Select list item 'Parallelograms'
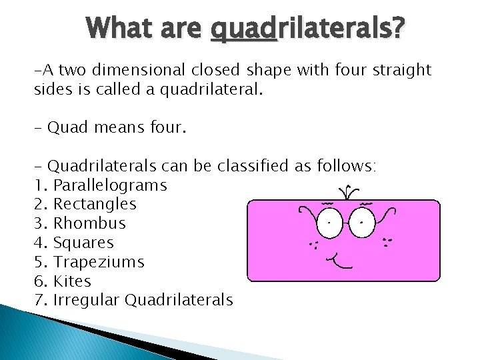coord(110,185)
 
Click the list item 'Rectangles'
coord(95,204)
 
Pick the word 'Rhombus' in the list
coord(89,223)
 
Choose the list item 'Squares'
coord(83,243)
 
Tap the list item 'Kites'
coord(72,281)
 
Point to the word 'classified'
coord(251,166)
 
